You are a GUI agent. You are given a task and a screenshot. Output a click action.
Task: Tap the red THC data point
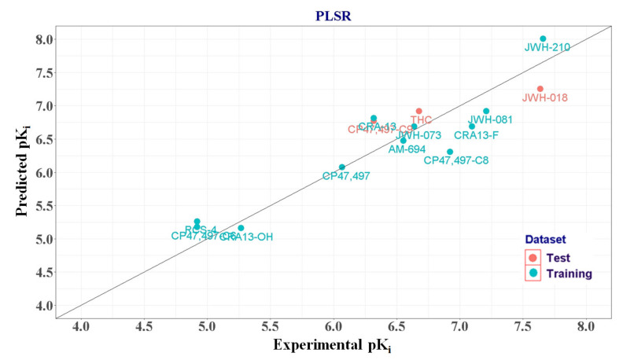pos(419,112)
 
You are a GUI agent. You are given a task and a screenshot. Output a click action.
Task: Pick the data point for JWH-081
pos(486,112)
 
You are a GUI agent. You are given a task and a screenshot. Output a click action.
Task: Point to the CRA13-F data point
pos(472,126)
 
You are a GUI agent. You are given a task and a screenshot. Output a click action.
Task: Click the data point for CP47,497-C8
pos(450,152)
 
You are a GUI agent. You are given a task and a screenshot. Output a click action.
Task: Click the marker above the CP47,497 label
pos(342,167)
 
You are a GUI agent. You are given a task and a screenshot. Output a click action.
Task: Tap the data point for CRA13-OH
pos(241,228)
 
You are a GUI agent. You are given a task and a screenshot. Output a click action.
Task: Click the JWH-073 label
pos(418,135)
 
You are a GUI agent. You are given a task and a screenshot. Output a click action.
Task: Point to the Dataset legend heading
pos(545,239)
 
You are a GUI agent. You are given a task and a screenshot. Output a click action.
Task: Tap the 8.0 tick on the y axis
pos(43,39)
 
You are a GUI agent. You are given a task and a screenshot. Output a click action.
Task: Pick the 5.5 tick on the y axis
pos(43,205)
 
